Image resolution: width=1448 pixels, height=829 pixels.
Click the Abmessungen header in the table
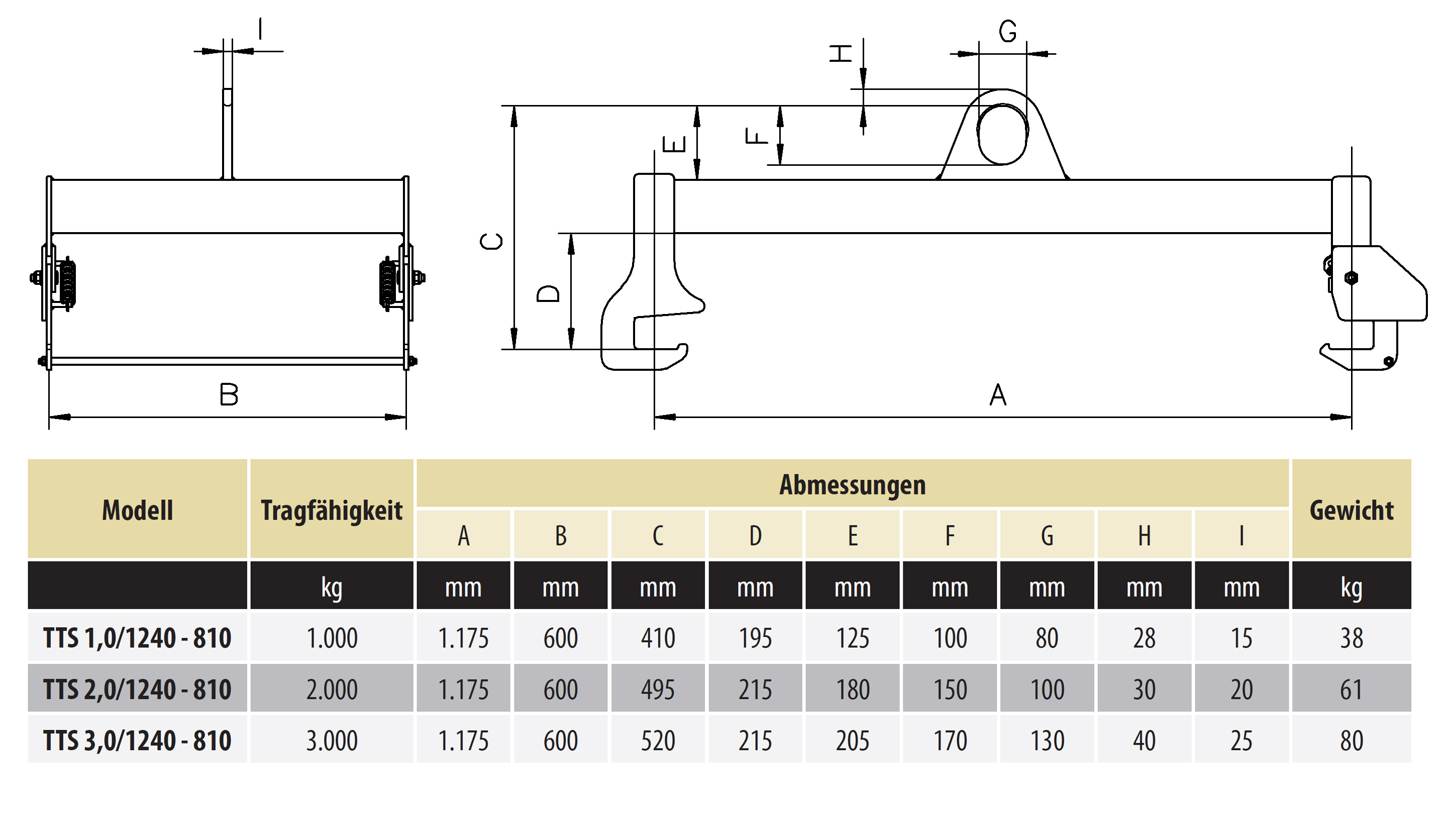click(x=852, y=484)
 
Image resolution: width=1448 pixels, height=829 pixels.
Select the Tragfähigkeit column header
click(x=331, y=509)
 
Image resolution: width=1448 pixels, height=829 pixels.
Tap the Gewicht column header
click(x=1351, y=509)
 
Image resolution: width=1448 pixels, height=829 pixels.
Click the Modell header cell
click(x=137, y=509)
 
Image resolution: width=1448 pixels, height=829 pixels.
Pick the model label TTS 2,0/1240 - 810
click(x=137, y=689)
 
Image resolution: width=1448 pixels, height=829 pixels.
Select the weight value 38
click(x=1351, y=638)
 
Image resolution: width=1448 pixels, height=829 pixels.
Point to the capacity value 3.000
click(x=331, y=741)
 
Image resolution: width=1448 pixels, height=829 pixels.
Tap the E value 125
click(x=852, y=638)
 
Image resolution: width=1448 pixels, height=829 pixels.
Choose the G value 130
click(x=1047, y=741)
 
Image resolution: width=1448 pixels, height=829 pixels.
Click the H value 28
click(x=1144, y=638)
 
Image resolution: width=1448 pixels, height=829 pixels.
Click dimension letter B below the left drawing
click(x=229, y=394)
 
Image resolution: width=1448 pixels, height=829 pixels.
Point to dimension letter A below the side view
click(x=998, y=394)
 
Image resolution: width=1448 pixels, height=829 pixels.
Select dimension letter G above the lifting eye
click(x=1007, y=31)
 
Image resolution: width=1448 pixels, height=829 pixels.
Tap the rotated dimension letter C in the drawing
click(x=492, y=241)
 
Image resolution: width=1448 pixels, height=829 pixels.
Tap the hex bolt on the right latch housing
click(x=1351, y=278)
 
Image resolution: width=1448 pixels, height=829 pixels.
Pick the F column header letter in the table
click(x=950, y=535)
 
